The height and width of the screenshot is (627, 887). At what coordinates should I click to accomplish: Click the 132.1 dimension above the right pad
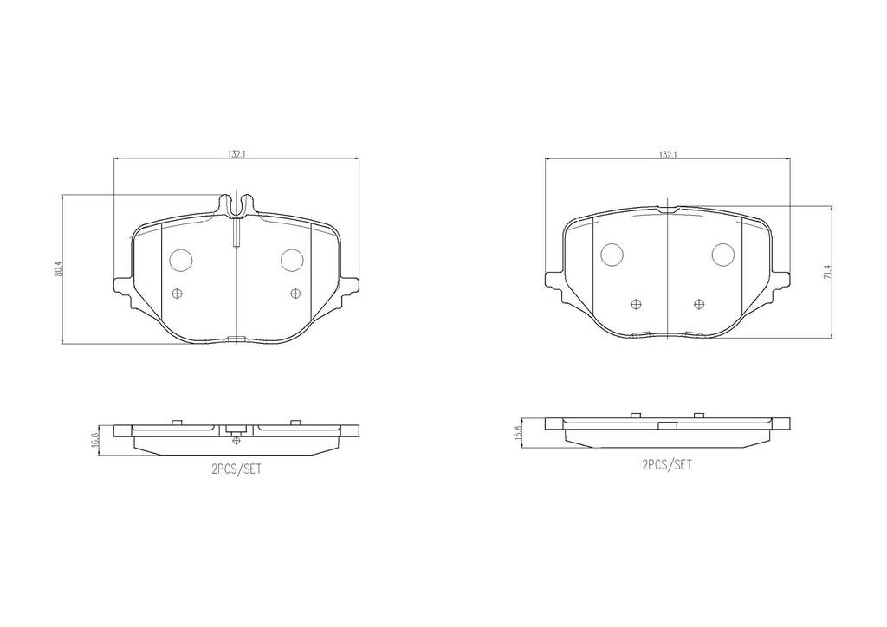(x=667, y=153)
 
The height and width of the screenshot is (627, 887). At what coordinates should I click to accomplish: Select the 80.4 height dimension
(x=58, y=269)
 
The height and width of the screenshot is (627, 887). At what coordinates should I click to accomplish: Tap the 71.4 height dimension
(x=827, y=273)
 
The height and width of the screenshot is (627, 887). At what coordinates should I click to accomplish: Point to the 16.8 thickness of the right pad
(x=517, y=432)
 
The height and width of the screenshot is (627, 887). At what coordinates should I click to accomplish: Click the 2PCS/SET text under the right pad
(x=666, y=464)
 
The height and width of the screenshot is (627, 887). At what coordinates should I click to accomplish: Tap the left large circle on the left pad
(x=181, y=259)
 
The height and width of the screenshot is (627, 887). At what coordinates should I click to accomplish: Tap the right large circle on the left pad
(x=291, y=259)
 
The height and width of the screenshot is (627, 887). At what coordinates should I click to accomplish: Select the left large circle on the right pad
(x=612, y=254)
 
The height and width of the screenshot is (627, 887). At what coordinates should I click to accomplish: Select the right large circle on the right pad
(x=722, y=254)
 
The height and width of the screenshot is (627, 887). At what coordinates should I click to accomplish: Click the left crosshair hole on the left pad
(x=178, y=293)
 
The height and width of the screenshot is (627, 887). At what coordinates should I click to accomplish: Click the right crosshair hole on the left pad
(x=295, y=293)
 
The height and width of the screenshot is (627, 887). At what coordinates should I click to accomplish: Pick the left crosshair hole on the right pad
(x=638, y=303)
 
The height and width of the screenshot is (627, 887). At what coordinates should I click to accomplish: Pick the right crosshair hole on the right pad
(x=699, y=303)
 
